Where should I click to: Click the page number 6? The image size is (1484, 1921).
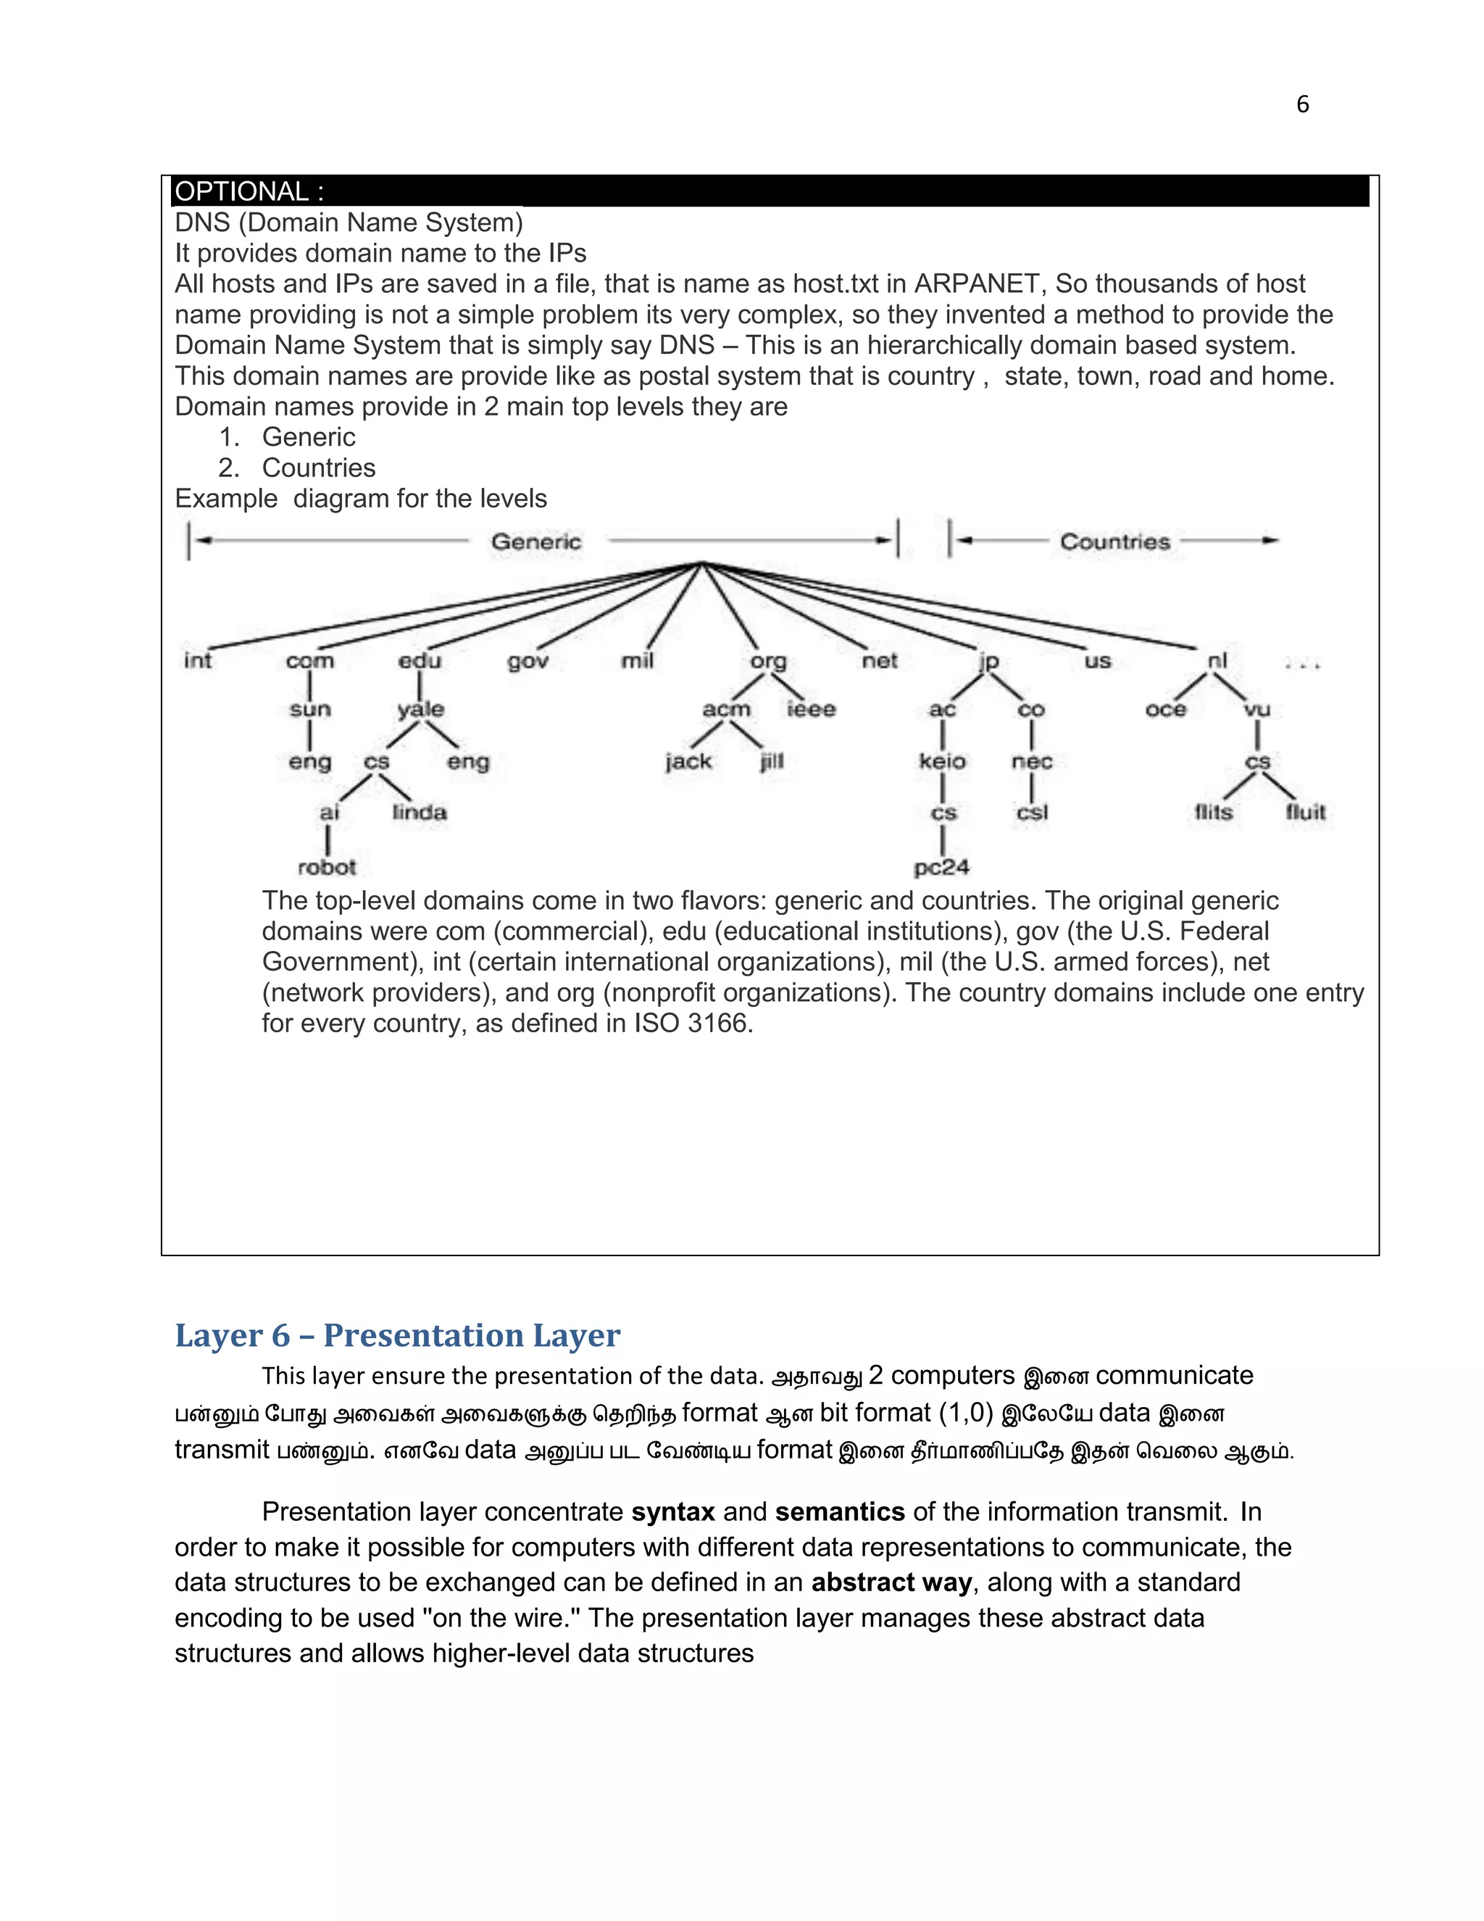pyautogui.click(x=1302, y=104)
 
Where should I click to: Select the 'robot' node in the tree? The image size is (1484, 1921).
pyautogui.click(x=327, y=867)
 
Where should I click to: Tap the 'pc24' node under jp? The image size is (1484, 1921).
pyautogui.click(x=941, y=867)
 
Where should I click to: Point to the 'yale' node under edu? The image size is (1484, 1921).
pyautogui.click(x=420, y=709)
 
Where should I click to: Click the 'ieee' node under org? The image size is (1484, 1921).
pyautogui.click(x=811, y=709)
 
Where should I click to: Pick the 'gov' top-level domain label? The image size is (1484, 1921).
pyautogui.click(x=528, y=660)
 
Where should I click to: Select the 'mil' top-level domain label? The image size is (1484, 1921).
pyautogui.click(x=638, y=660)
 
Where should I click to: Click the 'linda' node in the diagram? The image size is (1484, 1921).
pyautogui.click(x=420, y=812)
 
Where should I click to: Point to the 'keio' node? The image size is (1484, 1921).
pyautogui.click(x=941, y=761)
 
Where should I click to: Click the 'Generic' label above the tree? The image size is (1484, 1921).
pyautogui.click(x=536, y=542)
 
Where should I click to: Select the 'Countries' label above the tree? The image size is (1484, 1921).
pyautogui.click(x=1114, y=542)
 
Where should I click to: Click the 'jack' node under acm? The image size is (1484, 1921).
pyautogui.click(x=688, y=761)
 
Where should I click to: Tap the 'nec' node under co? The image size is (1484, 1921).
pyautogui.click(x=1031, y=761)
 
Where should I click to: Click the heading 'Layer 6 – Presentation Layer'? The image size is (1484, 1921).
pyautogui.click(x=397, y=1335)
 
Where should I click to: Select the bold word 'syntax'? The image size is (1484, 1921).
pyautogui.click(x=672, y=1512)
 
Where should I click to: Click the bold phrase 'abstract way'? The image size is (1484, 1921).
pyautogui.click(x=891, y=1582)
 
